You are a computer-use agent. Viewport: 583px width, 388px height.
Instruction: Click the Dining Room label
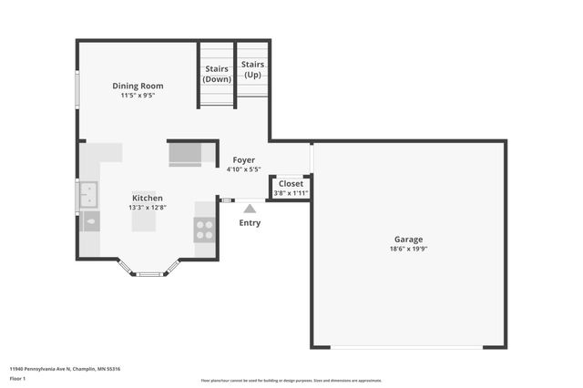pos(138,86)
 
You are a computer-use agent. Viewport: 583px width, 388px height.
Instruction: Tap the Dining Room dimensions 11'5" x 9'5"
pos(138,95)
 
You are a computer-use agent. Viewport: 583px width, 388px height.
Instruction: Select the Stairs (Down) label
pos(217,73)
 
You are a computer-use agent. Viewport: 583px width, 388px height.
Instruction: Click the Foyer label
pos(243,159)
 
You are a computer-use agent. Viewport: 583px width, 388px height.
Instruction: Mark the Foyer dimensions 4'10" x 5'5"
pos(243,169)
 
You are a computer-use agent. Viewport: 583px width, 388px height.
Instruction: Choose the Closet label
pos(291,183)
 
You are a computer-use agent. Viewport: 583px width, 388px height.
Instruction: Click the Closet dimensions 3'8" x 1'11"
pos(291,193)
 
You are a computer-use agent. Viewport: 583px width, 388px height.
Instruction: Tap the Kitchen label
pos(148,198)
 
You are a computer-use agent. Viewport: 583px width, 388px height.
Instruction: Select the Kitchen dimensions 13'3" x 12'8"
pos(148,207)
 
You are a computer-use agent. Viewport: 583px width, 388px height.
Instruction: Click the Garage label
pos(408,239)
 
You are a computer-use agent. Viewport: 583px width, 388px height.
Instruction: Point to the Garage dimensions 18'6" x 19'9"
pos(408,249)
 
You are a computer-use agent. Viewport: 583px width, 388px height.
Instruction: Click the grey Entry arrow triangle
pos(249,209)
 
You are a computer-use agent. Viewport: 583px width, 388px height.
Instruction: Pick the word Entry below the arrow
pos(249,223)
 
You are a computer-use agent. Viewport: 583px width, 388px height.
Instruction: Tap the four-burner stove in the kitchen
pos(205,230)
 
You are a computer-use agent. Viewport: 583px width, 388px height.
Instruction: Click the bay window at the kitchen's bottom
pos(148,270)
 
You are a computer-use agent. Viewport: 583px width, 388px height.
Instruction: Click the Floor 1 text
pos(17,378)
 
